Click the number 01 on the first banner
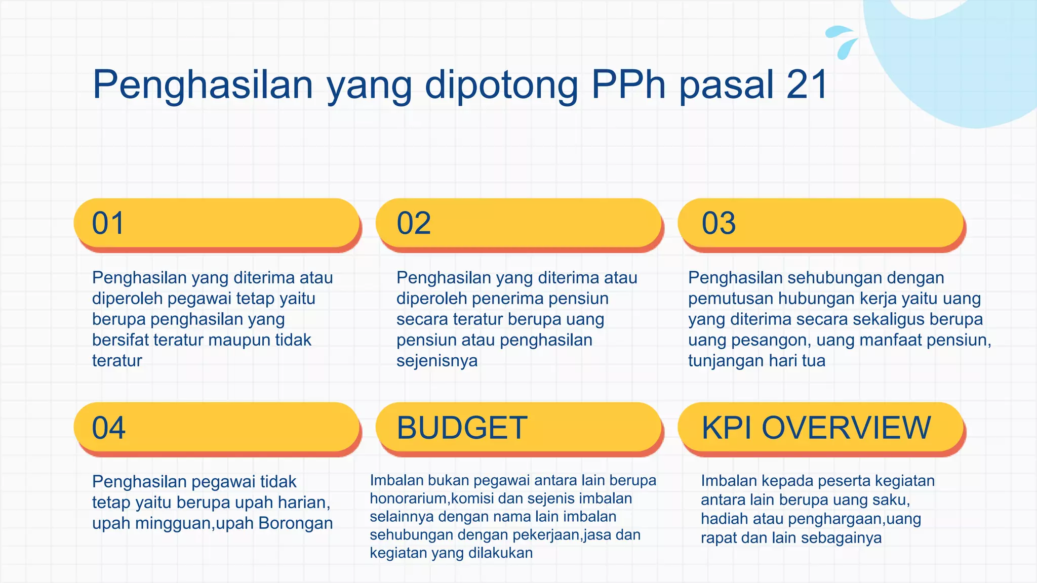click(x=108, y=223)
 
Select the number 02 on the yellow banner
click(x=414, y=223)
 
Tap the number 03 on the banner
click(x=719, y=223)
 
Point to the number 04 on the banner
click(x=108, y=428)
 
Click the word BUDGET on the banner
click(x=462, y=428)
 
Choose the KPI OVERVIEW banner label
click(x=816, y=428)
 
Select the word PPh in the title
click(x=628, y=85)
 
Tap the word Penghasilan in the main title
click(x=203, y=85)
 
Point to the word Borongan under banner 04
click(x=296, y=523)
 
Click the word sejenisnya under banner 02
click(x=436, y=361)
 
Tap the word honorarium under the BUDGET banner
click(x=408, y=498)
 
